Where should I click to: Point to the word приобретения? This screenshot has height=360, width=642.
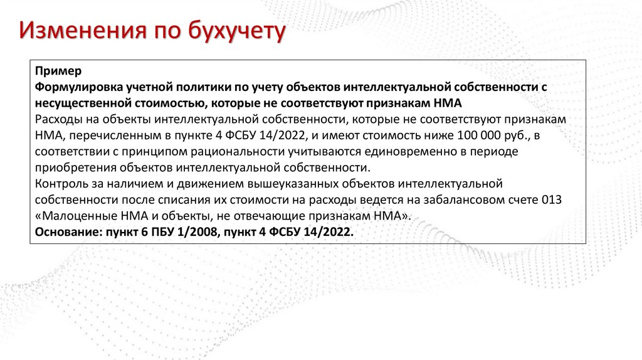click(x=74, y=167)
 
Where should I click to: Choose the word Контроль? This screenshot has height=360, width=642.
click(x=60, y=184)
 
